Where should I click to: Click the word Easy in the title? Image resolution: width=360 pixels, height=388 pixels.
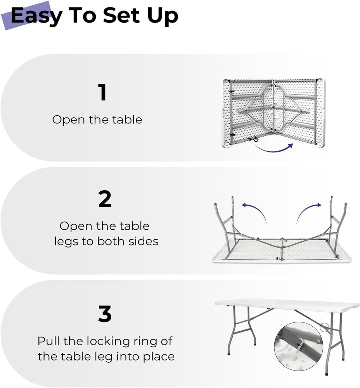(36, 16)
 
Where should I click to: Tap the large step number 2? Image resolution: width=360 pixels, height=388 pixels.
(105, 199)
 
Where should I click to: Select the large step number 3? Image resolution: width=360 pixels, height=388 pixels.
(105, 314)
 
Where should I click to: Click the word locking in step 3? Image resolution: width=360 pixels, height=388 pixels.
(105, 342)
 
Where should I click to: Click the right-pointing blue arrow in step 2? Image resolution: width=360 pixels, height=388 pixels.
(309, 211)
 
